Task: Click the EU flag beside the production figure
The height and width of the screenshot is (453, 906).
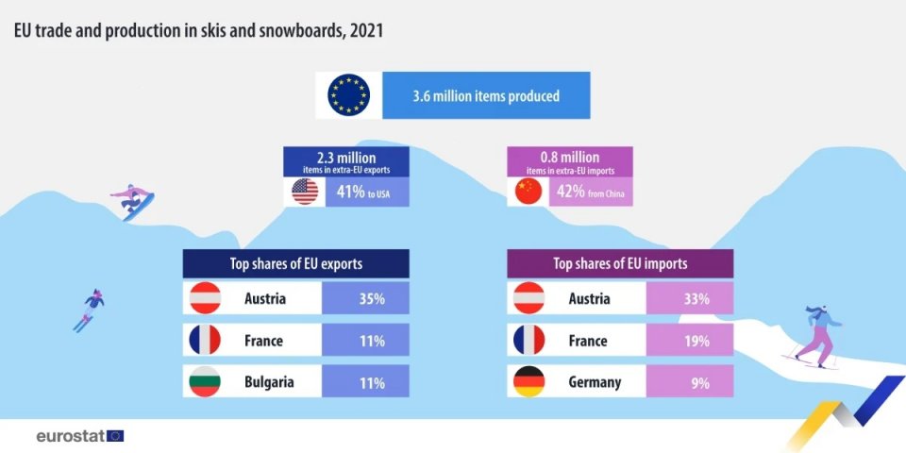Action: tap(349, 95)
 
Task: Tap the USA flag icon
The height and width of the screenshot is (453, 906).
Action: tap(305, 192)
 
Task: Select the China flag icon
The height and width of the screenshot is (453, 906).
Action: tap(528, 192)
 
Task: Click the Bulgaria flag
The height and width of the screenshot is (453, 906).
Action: tap(205, 382)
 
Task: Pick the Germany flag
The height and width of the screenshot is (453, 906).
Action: tap(528, 382)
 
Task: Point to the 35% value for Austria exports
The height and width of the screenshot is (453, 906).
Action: tap(365, 299)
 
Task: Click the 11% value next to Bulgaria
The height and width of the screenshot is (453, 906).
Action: tap(365, 382)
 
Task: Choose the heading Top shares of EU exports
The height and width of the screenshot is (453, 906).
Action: tap(295, 263)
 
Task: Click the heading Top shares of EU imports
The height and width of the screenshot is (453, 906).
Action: tap(620, 263)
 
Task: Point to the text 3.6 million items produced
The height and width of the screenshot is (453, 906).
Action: tap(486, 95)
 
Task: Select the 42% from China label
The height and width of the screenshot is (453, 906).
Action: tap(584, 193)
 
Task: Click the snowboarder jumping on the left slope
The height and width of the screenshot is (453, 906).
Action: tap(133, 201)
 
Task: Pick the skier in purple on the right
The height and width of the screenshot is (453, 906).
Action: tap(817, 335)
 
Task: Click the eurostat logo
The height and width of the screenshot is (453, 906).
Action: tap(79, 436)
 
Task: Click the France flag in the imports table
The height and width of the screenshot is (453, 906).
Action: tap(528, 341)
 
